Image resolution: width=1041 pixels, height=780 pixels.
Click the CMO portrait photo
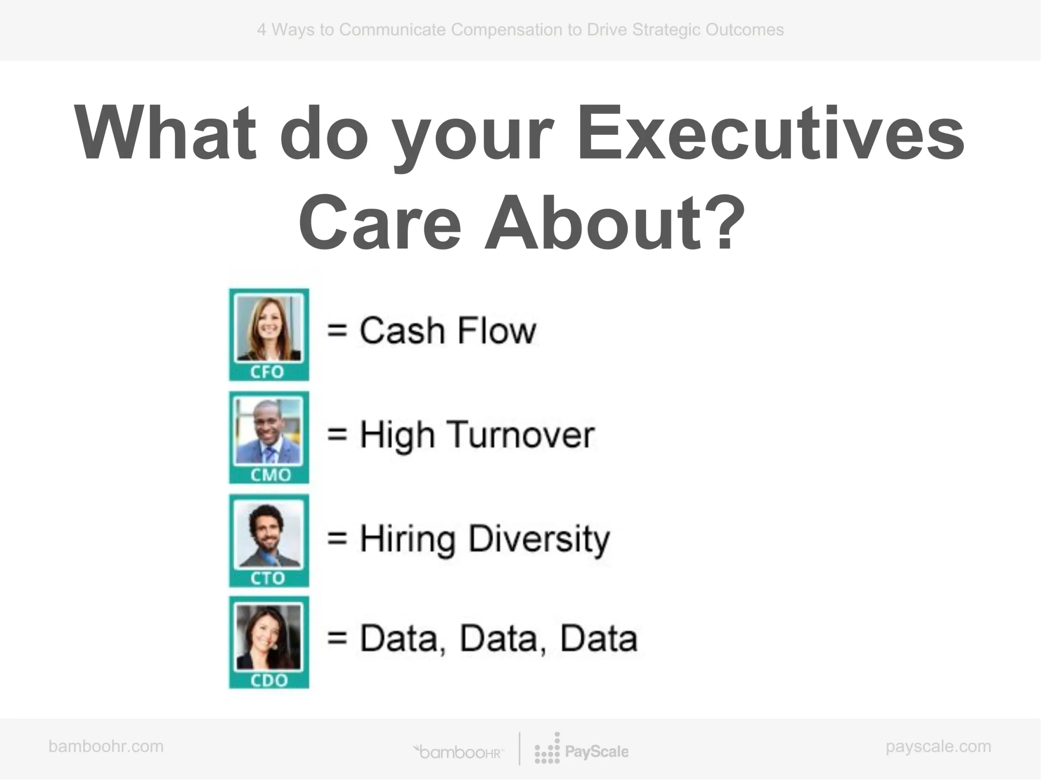(x=269, y=430)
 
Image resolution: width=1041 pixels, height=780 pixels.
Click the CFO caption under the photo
(x=267, y=372)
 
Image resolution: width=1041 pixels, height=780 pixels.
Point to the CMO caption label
(x=270, y=475)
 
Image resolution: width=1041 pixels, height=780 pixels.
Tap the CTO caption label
(x=268, y=578)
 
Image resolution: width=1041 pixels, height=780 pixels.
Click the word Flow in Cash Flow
(x=497, y=330)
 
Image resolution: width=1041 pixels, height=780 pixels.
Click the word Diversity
(x=539, y=539)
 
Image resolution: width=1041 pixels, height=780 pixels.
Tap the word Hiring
(x=407, y=539)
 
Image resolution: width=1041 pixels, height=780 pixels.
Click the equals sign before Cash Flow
(x=338, y=330)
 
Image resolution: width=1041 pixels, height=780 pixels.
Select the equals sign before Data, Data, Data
(x=338, y=638)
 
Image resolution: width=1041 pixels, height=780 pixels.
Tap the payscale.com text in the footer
(x=939, y=747)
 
